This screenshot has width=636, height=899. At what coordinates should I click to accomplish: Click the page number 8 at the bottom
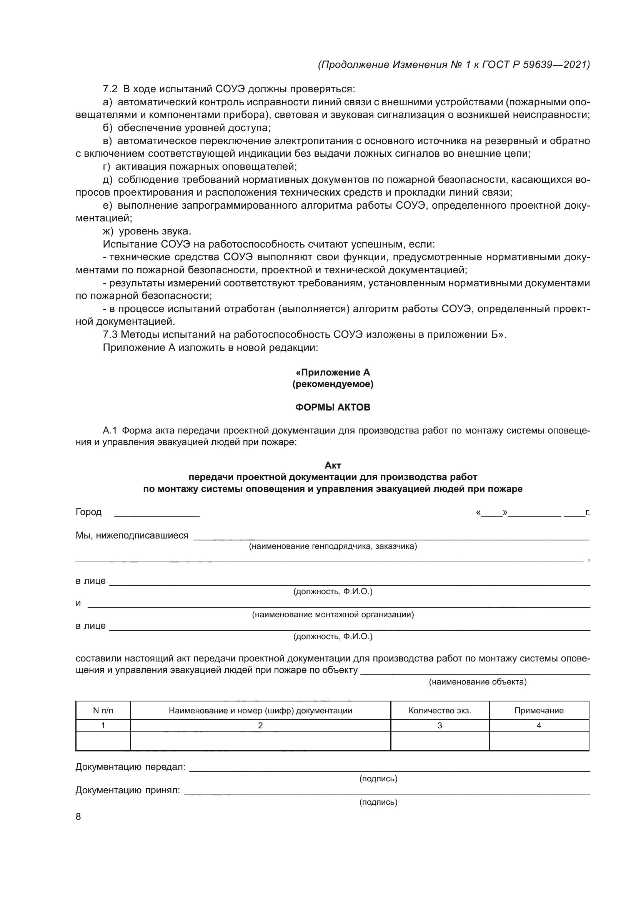[x=78, y=816]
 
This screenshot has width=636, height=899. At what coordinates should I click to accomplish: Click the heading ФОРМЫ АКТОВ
[x=333, y=407]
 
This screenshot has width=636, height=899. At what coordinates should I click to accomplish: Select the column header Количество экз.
[x=440, y=710]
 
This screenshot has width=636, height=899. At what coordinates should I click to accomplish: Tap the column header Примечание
[x=539, y=710]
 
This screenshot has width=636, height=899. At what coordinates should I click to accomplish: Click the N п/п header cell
[x=103, y=710]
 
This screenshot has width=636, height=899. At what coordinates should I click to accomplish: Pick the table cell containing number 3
[x=440, y=726]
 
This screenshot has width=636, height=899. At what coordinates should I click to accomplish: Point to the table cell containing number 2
[x=260, y=726]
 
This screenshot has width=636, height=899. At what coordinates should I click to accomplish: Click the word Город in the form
[x=88, y=512]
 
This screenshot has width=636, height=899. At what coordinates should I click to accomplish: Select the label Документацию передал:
[x=130, y=767]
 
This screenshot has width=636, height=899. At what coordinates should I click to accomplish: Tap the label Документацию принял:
[x=128, y=791]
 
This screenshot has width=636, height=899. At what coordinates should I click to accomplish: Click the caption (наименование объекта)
[x=478, y=682]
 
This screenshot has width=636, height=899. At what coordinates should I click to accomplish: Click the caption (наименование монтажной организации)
[x=333, y=614]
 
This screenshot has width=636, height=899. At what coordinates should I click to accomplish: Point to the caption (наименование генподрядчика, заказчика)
[x=333, y=546]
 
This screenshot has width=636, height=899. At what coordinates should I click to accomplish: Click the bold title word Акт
[x=333, y=465]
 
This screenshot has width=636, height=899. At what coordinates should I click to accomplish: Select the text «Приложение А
[x=333, y=372]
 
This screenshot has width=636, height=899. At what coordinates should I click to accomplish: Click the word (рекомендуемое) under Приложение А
[x=333, y=384]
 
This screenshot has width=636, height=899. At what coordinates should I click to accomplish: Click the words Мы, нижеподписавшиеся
[x=132, y=535]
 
